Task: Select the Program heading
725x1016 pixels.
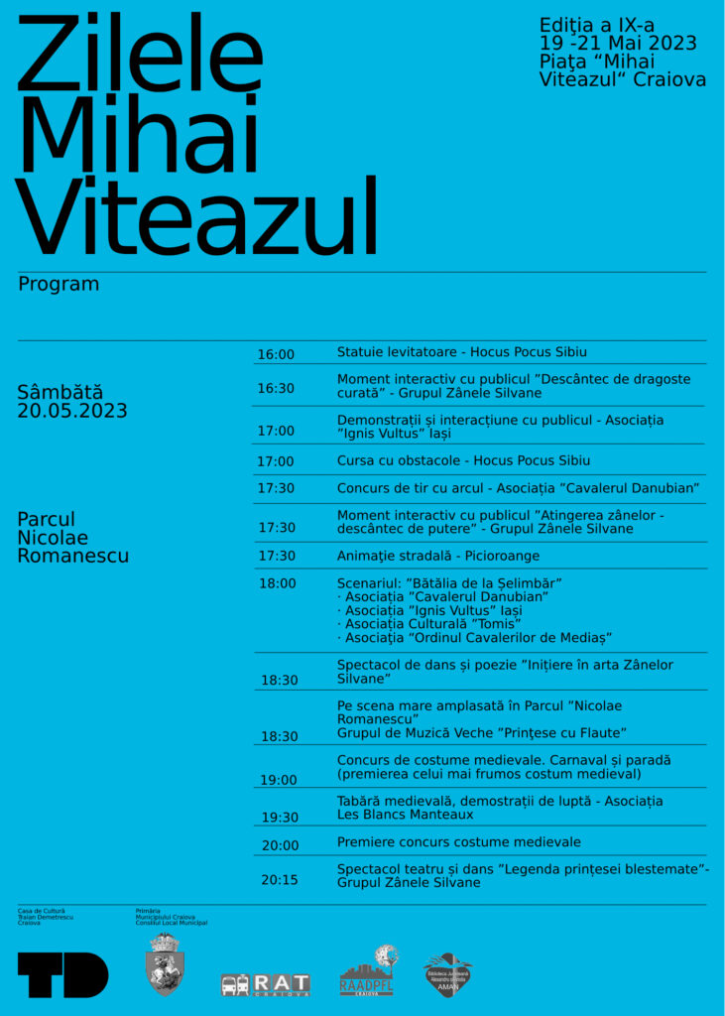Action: [x=59, y=284]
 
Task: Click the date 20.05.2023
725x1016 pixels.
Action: [x=72, y=411]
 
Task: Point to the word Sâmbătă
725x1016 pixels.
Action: [x=60, y=392]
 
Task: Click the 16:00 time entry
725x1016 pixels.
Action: [x=276, y=354]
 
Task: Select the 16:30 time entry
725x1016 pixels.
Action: [x=276, y=388]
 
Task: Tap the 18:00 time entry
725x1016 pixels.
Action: [x=277, y=583]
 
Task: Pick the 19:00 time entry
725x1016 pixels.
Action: [x=278, y=780]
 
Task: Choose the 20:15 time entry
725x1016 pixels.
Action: [x=279, y=879]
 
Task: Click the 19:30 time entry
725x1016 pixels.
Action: [x=279, y=818]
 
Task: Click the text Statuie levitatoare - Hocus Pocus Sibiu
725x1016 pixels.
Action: [x=462, y=352]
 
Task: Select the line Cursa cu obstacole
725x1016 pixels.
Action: [x=463, y=460]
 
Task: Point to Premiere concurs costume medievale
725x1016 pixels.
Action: [x=458, y=841]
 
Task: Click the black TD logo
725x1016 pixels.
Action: [x=62, y=974]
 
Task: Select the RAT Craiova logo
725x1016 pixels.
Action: [x=266, y=984]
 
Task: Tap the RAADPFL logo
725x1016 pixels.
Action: [x=368, y=971]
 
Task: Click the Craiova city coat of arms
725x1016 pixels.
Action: [x=165, y=965]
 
